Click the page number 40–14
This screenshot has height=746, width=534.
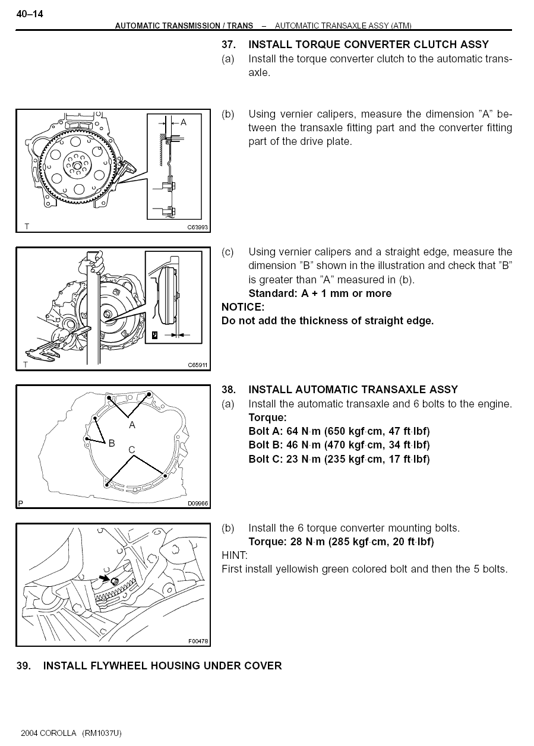(x=30, y=14)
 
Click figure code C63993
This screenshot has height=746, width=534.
(x=198, y=227)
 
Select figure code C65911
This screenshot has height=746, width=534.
(x=198, y=365)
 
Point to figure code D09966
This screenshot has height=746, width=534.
(x=198, y=504)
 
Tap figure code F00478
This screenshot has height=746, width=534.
(x=198, y=641)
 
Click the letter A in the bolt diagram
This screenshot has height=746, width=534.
(x=132, y=425)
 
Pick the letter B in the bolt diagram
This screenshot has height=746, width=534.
(x=112, y=442)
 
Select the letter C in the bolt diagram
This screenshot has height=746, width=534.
(x=132, y=450)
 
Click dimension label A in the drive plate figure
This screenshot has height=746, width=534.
(x=184, y=122)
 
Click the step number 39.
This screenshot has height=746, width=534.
(x=23, y=666)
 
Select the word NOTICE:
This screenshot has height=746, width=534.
(x=242, y=307)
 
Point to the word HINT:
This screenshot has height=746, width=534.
(x=235, y=555)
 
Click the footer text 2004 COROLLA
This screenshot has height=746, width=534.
(x=49, y=733)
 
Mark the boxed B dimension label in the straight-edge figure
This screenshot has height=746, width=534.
(x=154, y=335)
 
